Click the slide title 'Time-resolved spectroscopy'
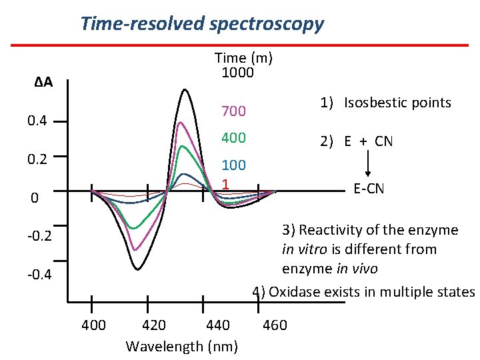(x=202, y=24)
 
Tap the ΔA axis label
(x=43, y=83)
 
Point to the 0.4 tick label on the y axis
(x=33, y=121)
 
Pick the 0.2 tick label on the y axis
(x=33, y=159)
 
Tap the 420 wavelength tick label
(x=155, y=325)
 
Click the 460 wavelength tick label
(x=275, y=325)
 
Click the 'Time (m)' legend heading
(x=243, y=58)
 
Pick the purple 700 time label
(x=233, y=111)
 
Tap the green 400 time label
(x=233, y=138)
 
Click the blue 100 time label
(x=233, y=165)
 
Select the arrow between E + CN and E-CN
(x=368, y=165)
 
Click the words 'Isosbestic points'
(x=397, y=103)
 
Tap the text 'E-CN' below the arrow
(x=369, y=189)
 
